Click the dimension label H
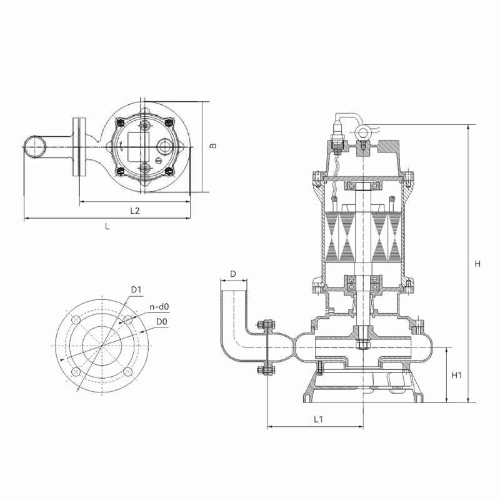click(x=477, y=264)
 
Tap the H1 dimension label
click(x=456, y=376)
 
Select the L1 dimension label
click(x=318, y=419)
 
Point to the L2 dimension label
click(x=135, y=211)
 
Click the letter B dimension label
click(x=213, y=146)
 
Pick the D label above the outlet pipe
click(x=233, y=274)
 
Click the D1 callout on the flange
click(x=136, y=289)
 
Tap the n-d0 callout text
click(x=159, y=307)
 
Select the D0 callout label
click(x=162, y=322)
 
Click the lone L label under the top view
click(x=107, y=226)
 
